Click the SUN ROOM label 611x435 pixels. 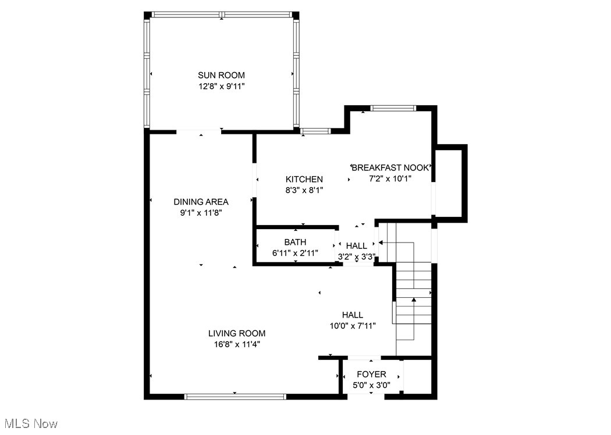[x=221, y=75]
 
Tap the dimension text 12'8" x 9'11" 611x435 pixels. [x=221, y=86]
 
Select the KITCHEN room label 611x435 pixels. [x=304, y=179]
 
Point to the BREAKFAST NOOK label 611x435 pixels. [x=393, y=167]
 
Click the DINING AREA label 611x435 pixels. [x=201, y=202]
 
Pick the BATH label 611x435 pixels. [x=295, y=242]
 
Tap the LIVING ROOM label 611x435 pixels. [x=237, y=333]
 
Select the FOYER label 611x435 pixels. [x=371, y=374]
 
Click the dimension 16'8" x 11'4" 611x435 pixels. [x=237, y=344]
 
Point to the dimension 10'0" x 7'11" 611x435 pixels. [x=353, y=326]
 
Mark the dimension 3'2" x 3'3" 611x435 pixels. [x=357, y=256]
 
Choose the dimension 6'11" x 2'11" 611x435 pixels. [x=295, y=253]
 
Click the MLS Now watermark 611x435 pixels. [x=30, y=423]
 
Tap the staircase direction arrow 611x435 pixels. [x=414, y=301]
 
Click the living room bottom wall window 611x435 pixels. [x=235, y=397]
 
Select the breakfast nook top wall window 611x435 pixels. [x=393, y=108]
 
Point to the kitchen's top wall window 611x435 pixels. [x=315, y=131]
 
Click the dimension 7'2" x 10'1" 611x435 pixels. [x=390, y=179]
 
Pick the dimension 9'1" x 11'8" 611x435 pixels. [x=201, y=213]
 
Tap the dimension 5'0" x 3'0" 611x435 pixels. [x=371, y=384]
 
